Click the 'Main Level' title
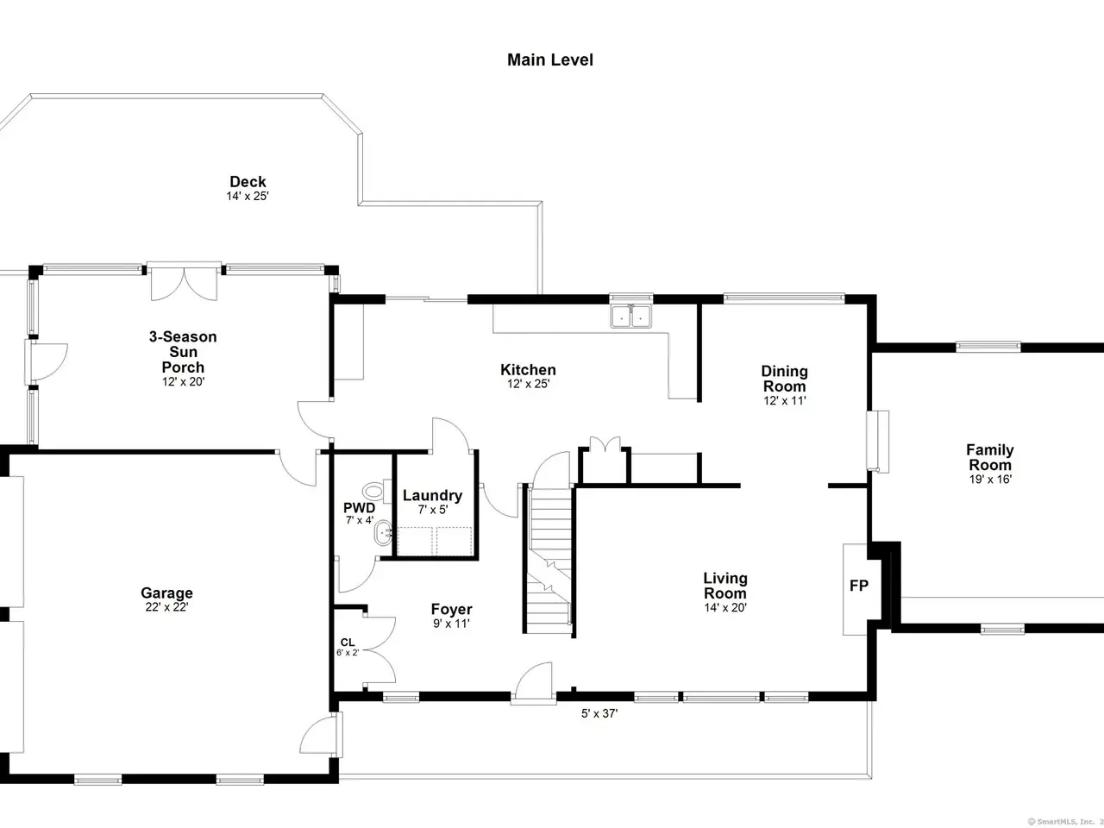[549, 60]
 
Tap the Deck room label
[248, 181]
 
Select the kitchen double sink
[630, 317]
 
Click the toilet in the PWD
[376, 491]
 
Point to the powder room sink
[383, 533]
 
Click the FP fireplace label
[858, 585]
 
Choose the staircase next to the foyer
[549, 559]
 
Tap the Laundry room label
[433, 495]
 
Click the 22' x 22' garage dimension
[166, 607]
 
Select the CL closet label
[348, 642]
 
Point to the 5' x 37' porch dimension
[599, 713]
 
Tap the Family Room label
[990, 457]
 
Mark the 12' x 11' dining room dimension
[785, 400]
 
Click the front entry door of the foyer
[533, 683]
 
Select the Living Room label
[724, 585]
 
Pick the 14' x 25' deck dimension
[248, 196]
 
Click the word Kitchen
[528, 369]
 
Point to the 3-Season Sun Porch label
[183, 351]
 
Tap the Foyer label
[451, 609]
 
